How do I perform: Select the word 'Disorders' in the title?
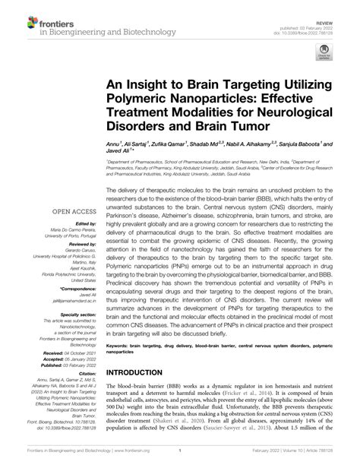tap(141, 125)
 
